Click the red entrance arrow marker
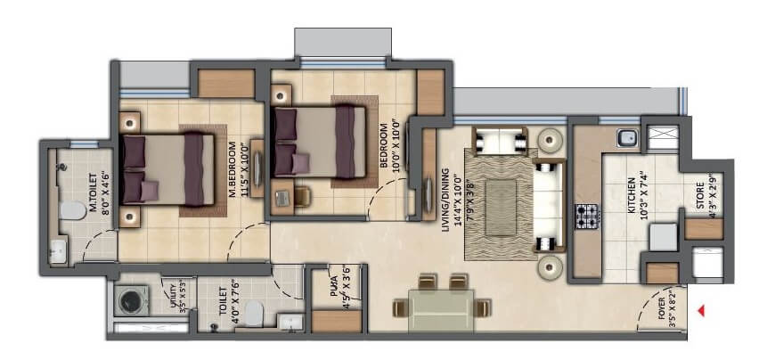coord(702,310)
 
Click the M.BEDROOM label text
coord(230,166)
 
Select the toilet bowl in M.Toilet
coord(67,211)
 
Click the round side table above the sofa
coord(550,139)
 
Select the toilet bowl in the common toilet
coord(253,311)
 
